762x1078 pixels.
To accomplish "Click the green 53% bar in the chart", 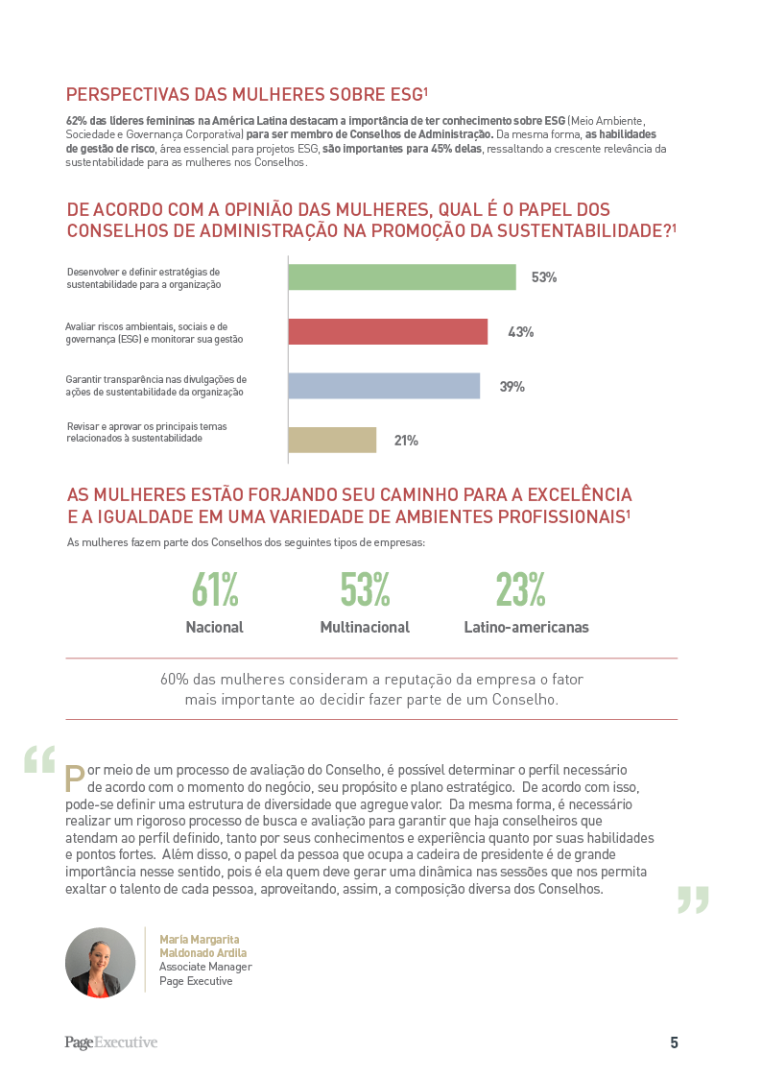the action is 402,277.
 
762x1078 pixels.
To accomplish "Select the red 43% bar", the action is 388,331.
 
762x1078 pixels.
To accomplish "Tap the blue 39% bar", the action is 384,386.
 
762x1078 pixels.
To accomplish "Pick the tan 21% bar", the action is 333,440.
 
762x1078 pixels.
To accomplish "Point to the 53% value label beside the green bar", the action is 544,277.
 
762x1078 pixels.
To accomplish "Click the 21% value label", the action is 406,441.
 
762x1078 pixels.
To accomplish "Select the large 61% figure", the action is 215,589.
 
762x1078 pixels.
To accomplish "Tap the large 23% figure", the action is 521,589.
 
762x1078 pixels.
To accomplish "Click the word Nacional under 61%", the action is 214,627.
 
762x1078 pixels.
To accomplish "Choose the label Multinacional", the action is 365,627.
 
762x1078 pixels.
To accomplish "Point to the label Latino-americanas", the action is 526,627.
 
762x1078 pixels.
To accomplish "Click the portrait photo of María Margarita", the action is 101,963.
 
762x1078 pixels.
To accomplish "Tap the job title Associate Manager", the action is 205,967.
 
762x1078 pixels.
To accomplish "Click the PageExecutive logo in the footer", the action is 111,1042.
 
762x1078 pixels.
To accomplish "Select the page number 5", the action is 674,1042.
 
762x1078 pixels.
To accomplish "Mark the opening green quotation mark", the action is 40,759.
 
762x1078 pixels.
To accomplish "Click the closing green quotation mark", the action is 693,900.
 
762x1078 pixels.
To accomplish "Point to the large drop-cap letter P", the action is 75,779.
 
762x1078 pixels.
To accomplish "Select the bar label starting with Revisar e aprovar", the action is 146,432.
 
